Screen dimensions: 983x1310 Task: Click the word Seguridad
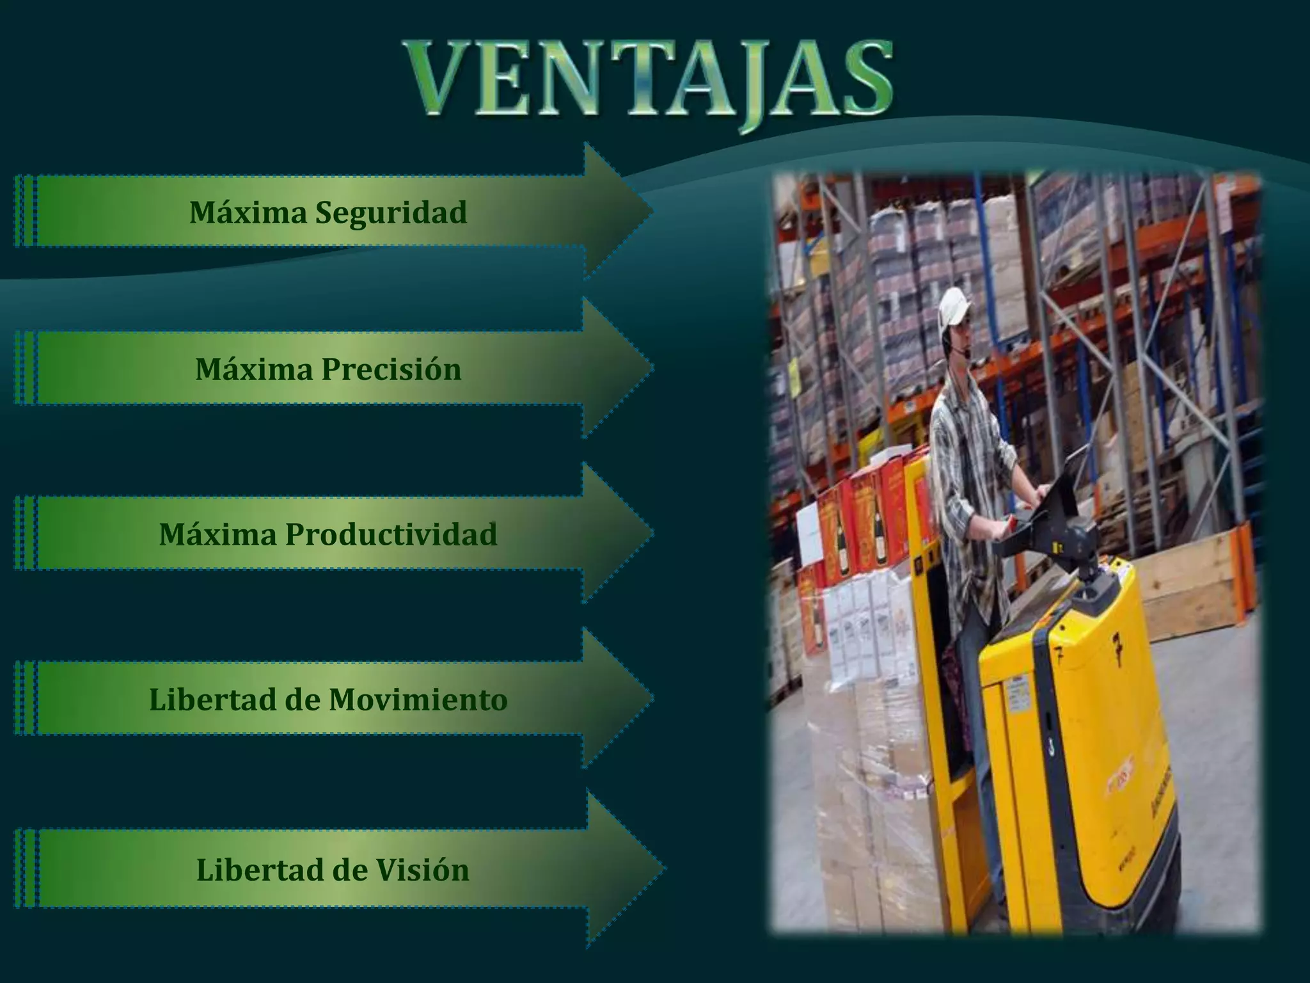click(x=391, y=213)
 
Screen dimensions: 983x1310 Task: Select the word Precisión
click(x=391, y=369)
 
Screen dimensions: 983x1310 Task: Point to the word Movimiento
click(x=418, y=699)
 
